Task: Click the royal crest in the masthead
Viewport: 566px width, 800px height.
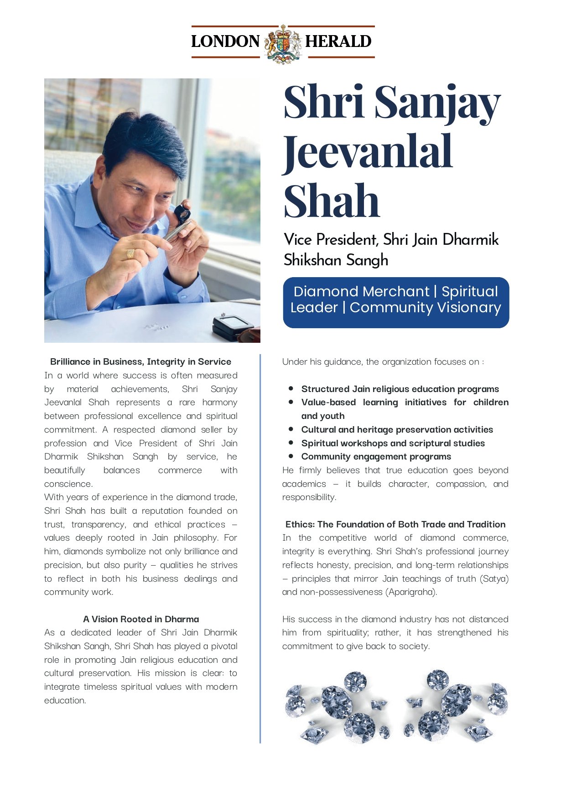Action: click(x=283, y=44)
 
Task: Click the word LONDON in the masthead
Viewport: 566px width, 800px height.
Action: click(x=225, y=41)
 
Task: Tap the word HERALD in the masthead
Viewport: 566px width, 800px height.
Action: click(x=338, y=41)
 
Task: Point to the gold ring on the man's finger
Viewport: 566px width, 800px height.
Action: click(x=131, y=254)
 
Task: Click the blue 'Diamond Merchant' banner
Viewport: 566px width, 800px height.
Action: click(x=396, y=302)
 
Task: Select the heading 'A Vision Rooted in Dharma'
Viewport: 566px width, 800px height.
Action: click(x=141, y=619)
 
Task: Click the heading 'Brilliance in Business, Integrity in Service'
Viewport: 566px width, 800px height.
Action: click(x=140, y=361)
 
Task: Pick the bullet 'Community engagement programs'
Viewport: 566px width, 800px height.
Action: click(x=376, y=456)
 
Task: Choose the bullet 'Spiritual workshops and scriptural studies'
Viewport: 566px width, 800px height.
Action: click(x=393, y=443)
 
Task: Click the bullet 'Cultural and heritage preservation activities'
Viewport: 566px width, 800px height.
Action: click(x=397, y=429)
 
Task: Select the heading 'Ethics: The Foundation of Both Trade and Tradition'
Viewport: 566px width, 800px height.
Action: click(x=395, y=524)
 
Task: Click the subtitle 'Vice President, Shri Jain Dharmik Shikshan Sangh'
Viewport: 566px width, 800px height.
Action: click(x=391, y=249)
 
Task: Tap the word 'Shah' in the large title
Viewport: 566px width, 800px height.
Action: click(x=332, y=201)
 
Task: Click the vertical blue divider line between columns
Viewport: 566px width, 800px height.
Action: click(x=260, y=547)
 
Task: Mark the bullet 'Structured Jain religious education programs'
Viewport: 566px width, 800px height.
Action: click(x=400, y=389)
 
